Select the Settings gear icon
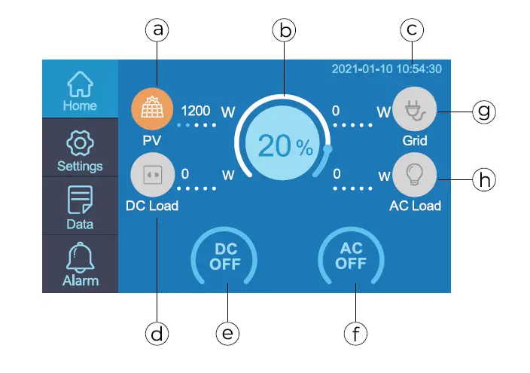[x=80, y=142]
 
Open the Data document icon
[x=80, y=200]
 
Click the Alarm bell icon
[x=80, y=258]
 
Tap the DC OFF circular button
[x=224, y=257]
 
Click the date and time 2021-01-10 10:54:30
[x=387, y=69]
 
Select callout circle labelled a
[x=157, y=30]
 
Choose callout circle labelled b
[x=284, y=30]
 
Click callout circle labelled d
[x=157, y=332]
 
